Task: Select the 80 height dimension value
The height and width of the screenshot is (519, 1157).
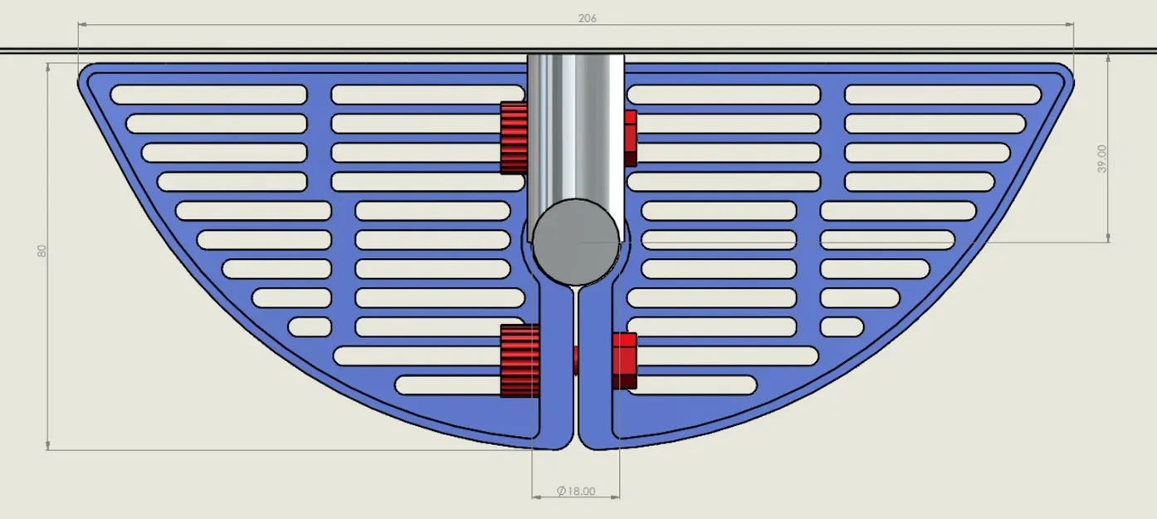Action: [41, 252]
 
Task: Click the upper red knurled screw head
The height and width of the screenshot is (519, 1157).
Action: [514, 138]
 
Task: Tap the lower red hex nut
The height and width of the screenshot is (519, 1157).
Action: [624, 360]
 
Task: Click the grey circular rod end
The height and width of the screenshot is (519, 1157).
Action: [576, 241]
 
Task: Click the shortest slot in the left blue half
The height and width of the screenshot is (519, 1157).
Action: [310, 326]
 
